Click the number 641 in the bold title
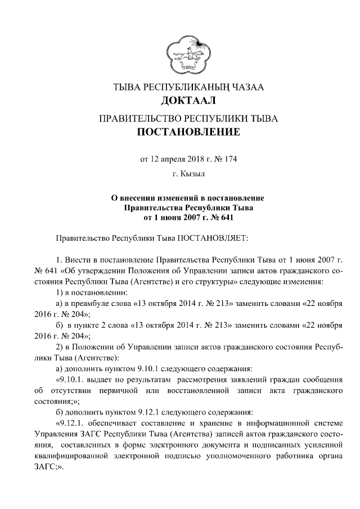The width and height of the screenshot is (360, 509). point(223,216)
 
